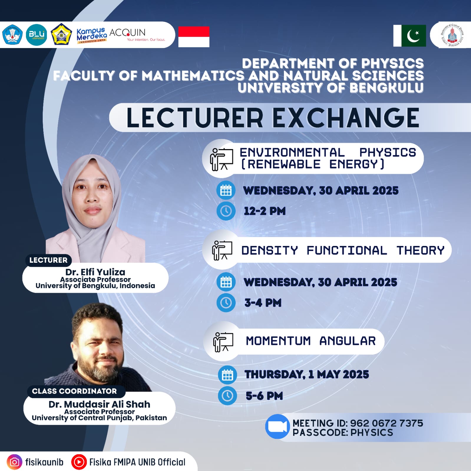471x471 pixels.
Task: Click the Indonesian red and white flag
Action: click(x=194, y=37)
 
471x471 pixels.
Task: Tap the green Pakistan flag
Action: click(x=410, y=36)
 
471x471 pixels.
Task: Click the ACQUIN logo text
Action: click(x=128, y=32)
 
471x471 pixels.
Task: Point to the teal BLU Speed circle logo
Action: click(x=37, y=35)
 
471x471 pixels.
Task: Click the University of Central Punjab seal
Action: click(x=452, y=35)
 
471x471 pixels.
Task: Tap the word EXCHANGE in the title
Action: click(x=346, y=118)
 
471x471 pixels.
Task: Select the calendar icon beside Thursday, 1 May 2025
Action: click(x=227, y=375)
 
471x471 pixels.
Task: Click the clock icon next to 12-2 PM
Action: click(x=226, y=211)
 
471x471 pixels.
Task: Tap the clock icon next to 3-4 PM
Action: click(x=226, y=303)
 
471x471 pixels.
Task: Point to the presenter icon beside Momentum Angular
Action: click(x=223, y=342)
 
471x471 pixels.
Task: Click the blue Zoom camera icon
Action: click(x=277, y=427)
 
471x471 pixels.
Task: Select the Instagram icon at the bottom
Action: click(x=14, y=462)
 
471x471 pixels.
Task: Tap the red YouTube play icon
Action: click(x=79, y=462)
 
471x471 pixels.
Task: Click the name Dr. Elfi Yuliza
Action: click(x=95, y=272)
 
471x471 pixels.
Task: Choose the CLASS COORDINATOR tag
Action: click(x=74, y=391)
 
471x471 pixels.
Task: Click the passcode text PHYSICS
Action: click(x=372, y=432)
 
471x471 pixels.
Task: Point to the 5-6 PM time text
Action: click(x=264, y=396)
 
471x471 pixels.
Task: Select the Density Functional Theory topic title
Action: click(x=343, y=250)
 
